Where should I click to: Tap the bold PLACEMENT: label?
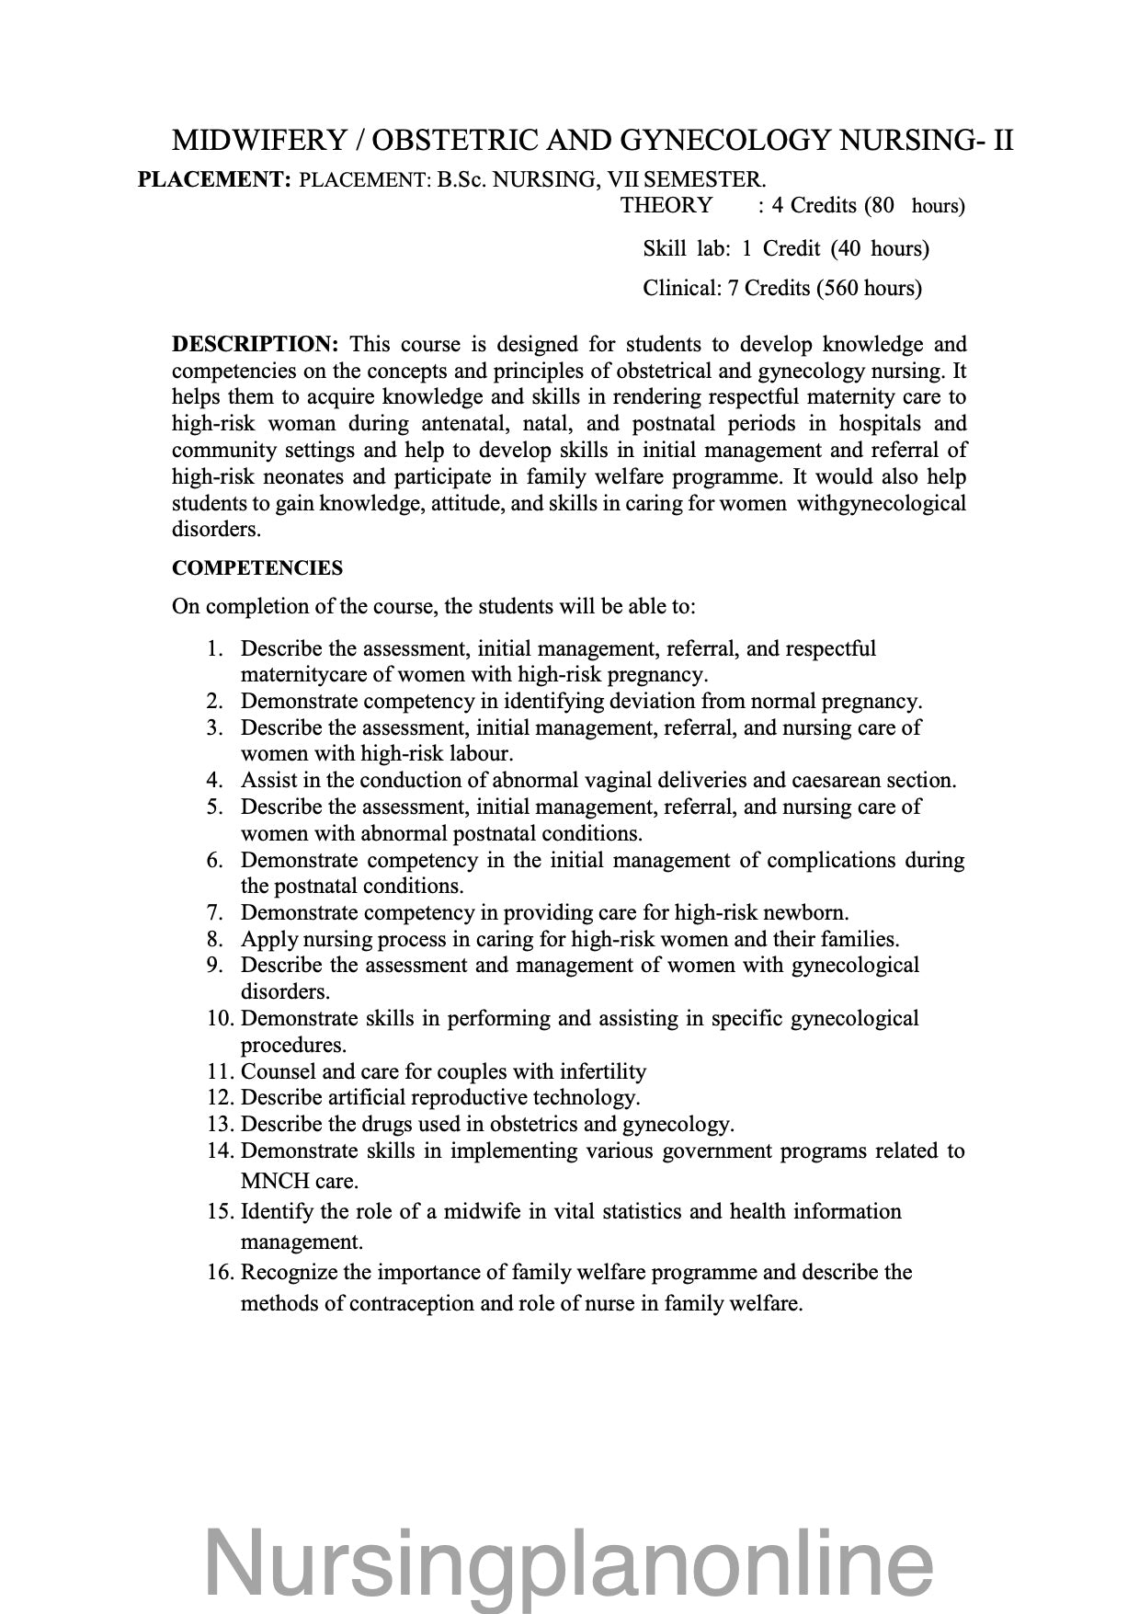214,179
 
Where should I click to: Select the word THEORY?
666,205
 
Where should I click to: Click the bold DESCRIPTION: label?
256,344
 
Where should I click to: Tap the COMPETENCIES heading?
257,568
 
